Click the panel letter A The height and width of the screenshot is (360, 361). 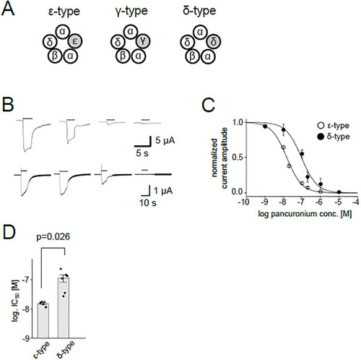click(8, 9)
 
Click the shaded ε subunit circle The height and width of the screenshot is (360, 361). click(75, 41)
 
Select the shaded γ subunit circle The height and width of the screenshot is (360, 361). click(143, 41)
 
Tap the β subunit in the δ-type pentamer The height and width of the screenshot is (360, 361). click(193, 56)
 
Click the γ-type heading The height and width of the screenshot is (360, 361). click(131, 11)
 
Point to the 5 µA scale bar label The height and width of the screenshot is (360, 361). click(165, 140)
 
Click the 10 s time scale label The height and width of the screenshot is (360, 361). click(148, 202)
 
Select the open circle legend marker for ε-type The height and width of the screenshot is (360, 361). click(321, 126)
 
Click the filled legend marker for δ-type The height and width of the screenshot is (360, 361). click(321, 137)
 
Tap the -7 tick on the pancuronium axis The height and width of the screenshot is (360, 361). click(301, 202)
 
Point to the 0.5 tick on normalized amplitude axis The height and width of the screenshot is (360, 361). click(238, 158)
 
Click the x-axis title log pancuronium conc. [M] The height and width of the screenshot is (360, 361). click(305, 214)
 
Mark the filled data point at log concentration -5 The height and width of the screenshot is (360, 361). click(339, 192)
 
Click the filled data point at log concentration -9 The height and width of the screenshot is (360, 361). click(265, 127)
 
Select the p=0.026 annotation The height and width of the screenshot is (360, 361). click(53, 237)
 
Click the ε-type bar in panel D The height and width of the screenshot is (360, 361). click(43, 321)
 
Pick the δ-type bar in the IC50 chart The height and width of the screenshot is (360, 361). click(64, 308)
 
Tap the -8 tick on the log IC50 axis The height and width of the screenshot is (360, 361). click(27, 309)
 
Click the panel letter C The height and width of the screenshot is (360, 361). click(208, 106)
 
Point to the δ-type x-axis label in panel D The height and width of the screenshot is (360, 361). click(66, 349)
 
